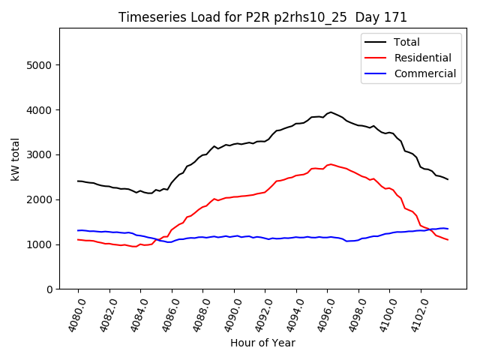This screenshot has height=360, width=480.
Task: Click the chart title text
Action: pyautogui.click(x=262, y=18)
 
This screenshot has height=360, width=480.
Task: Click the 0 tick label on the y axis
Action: pyautogui.click(x=50, y=289)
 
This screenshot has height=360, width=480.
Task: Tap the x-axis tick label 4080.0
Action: pyautogui.click(x=73, y=315)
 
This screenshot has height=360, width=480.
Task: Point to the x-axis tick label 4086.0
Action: pyautogui.click(x=166, y=315)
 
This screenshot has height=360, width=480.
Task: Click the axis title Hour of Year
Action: pyautogui.click(x=262, y=343)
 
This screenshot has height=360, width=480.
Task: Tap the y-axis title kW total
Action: pyautogui.click(x=15, y=159)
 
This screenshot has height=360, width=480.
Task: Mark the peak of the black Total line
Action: pyautogui.click(x=331, y=112)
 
